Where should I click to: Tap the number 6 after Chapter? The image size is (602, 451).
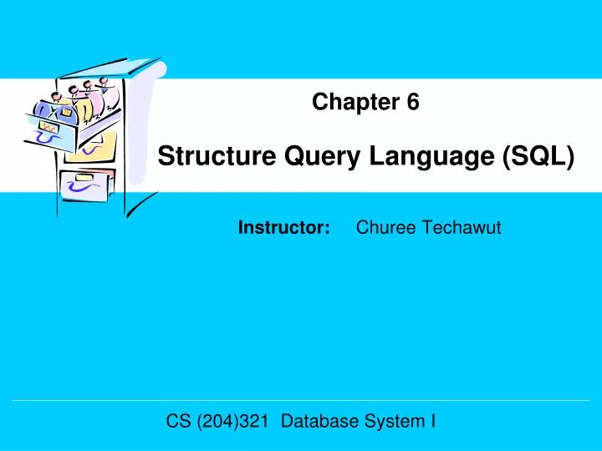coord(413,103)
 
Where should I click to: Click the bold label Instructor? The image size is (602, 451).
coord(284,227)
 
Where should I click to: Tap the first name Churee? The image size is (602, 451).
coord(382,227)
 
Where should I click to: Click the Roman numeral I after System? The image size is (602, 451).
coord(432,422)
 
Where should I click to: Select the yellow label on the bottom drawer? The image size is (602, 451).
coord(84,177)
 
